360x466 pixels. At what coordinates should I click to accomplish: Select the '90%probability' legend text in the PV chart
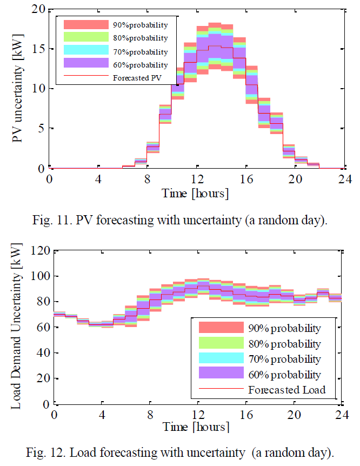(x=140, y=25)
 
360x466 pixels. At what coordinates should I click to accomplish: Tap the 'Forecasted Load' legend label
(x=286, y=389)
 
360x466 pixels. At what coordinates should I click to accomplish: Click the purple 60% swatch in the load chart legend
(x=221, y=374)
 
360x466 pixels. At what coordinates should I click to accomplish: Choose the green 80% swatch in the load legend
(x=221, y=343)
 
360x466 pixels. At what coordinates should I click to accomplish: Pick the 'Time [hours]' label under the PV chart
(x=196, y=192)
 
